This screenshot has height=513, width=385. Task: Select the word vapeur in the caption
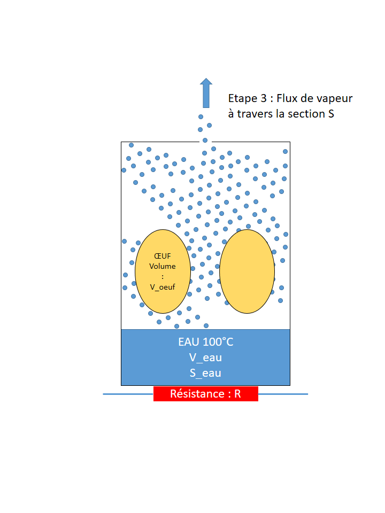(335, 99)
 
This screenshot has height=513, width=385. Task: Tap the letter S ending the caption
(331, 114)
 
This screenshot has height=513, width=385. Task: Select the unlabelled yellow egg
(247, 271)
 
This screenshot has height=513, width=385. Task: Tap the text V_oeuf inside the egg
(163, 287)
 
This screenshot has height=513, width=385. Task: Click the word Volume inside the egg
(163, 266)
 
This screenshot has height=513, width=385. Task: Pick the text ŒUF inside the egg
(163, 256)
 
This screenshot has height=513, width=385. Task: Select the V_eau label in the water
(206, 357)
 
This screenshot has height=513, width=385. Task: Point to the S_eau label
(206, 373)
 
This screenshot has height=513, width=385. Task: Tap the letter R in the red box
(237, 394)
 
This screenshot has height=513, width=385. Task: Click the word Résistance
(197, 394)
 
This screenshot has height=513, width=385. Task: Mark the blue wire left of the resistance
(128, 394)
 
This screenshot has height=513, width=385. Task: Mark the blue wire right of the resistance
(283, 394)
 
